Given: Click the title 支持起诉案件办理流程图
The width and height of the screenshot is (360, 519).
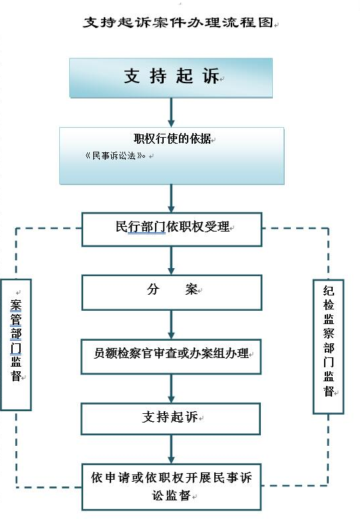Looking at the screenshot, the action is tap(178, 23).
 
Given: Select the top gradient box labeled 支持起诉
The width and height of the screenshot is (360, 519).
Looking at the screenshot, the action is tap(171, 78).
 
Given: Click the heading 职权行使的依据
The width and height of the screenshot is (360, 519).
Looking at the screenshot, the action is tap(172, 138).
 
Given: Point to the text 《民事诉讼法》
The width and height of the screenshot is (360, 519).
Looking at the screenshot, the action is tap(114, 156).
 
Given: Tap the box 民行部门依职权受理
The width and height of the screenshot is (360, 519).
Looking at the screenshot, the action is tap(172, 230).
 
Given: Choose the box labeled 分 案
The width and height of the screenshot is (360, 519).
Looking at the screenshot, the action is tap(172, 292).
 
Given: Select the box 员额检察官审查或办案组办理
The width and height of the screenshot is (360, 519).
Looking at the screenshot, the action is tap(171, 357).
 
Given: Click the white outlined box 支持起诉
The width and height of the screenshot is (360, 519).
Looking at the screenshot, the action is tap(171, 419).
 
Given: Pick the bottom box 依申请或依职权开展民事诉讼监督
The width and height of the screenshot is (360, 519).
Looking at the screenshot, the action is tap(172, 487).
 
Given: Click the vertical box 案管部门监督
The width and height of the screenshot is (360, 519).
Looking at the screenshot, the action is tap(16, 345).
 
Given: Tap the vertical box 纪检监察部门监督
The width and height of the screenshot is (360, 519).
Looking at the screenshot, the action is tap(328, 347).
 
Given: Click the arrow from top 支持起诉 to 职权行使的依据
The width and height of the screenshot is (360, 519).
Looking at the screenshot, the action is tap(171, 112).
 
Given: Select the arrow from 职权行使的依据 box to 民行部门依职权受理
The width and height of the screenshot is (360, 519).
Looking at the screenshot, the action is tap(171, 198).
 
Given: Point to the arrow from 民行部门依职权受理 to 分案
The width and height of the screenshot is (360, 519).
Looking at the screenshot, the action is tap(171, 260).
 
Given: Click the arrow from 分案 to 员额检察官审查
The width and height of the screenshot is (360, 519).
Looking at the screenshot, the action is tap(171, 325).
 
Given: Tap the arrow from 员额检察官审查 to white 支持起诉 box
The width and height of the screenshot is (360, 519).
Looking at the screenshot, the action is tap(171, 389).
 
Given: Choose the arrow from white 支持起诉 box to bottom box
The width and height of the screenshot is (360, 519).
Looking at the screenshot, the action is tap(171, 449).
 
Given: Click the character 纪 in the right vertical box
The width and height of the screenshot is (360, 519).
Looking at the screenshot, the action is tap(329, 291).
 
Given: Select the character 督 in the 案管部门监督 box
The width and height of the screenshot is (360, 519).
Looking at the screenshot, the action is tap(16, 376).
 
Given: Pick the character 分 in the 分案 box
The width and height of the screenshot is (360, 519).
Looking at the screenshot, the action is tap(153, 289).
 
